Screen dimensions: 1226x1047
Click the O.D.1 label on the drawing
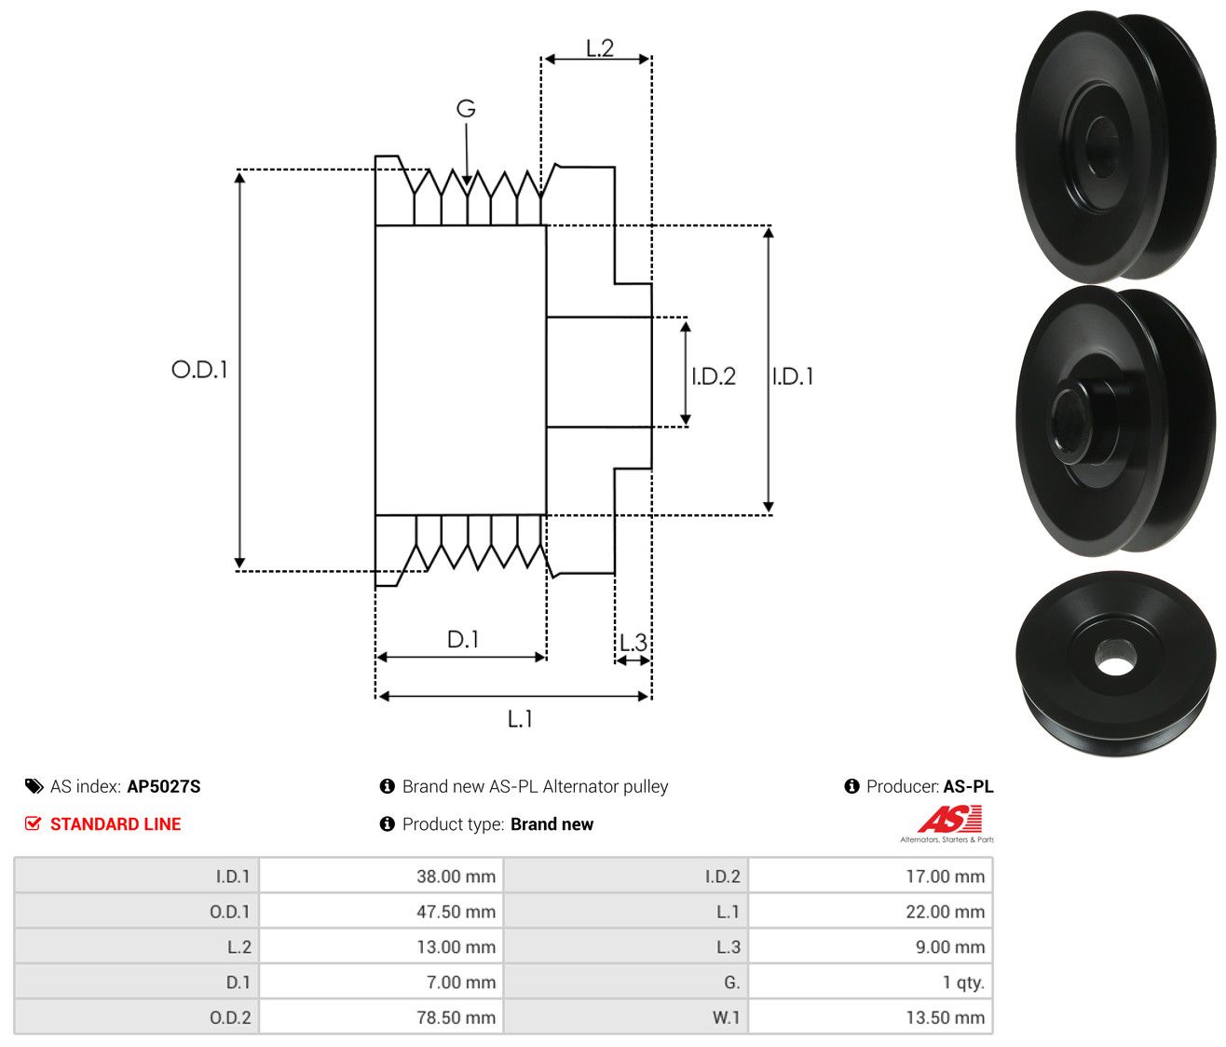point(199,370)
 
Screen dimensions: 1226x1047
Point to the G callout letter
point(466,108)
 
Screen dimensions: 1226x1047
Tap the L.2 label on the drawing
point(600,48)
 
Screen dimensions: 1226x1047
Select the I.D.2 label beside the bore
point(714,376)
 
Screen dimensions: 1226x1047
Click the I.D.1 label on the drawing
point(793,376)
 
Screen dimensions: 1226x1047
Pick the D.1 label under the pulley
point(463,639)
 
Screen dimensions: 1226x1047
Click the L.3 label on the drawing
point(633,643)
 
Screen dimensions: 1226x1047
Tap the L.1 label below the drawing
point(520,719)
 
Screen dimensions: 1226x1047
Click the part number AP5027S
point(164,786)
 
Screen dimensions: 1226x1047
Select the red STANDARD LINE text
point(116,824)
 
